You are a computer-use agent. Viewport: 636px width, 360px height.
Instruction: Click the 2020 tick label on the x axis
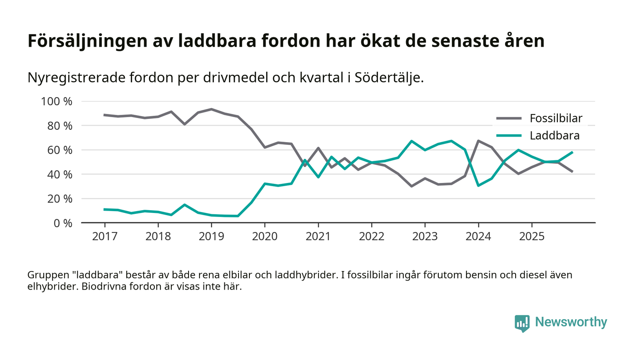tap(265, 237)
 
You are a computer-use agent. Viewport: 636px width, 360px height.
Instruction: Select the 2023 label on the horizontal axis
tap(425, 237)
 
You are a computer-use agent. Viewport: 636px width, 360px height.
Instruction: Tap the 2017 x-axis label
tap(104, 237)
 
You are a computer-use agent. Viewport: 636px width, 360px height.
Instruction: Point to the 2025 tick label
tap(532, 237)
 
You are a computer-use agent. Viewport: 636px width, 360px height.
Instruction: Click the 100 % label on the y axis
tap(57, 101)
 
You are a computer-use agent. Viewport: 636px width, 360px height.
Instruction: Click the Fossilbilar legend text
tap(556, 119)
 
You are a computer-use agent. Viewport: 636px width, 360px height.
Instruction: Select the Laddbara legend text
tap(555, 135)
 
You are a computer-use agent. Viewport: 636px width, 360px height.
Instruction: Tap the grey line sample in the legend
tap(508, 119)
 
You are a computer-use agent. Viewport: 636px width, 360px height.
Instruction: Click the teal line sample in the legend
tap(508, 135)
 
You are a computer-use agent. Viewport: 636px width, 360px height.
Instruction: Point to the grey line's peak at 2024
tap(478, 141)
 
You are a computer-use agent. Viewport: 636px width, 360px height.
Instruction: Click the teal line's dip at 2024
tap(478, 185)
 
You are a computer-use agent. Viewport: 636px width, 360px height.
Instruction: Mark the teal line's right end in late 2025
tap(572, 152)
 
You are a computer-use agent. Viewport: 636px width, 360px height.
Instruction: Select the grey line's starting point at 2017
tap(104, 115)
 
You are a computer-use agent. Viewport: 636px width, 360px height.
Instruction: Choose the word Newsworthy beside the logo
tap(571, 322)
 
